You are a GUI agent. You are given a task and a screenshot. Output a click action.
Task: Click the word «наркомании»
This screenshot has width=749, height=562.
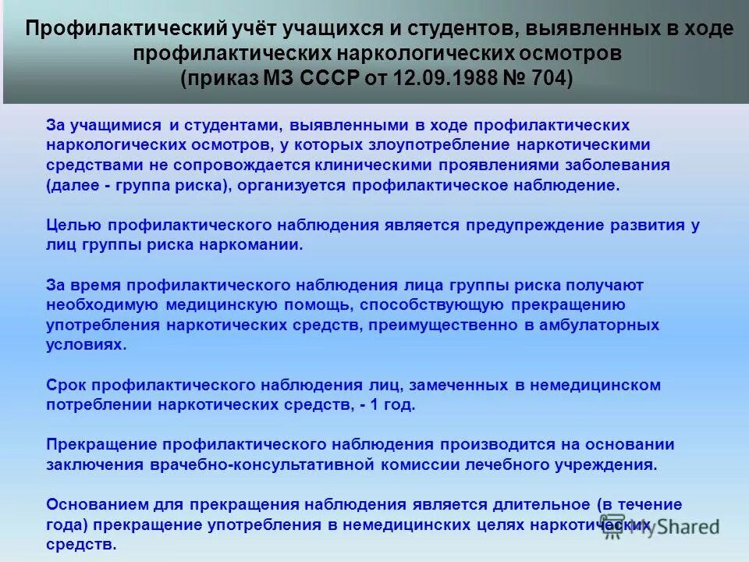[253, 245]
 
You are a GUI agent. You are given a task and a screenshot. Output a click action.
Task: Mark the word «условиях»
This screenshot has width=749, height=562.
[86, 344]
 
